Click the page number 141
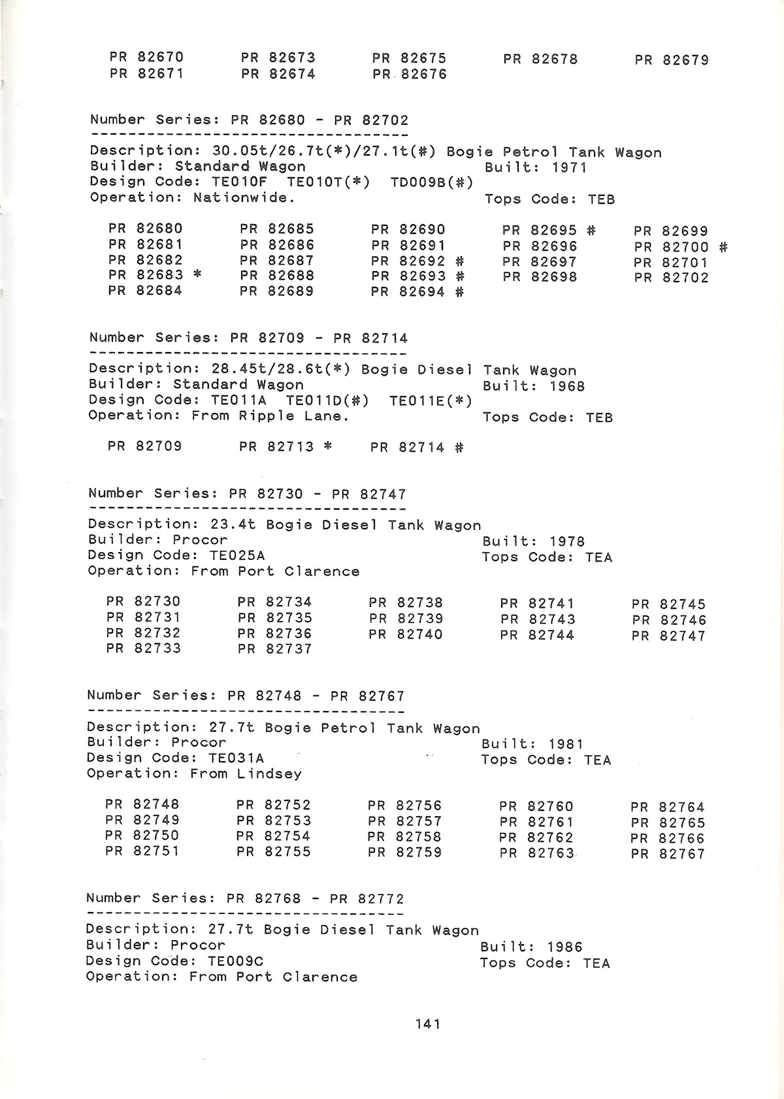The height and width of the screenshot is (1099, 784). (x=428, y=1024)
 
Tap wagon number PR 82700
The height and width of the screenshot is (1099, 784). (x=671, y=247)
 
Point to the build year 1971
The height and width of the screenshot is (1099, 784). (x=569, y=167)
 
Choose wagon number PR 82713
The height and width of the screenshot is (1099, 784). (x=276, y=447)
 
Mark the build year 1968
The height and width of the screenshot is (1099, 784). (x=566, y=386)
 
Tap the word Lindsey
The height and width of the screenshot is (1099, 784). (x=269, y=774)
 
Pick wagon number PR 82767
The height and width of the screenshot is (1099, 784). (x=668, y=854)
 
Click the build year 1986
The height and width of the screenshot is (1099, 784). (x=564, y=947)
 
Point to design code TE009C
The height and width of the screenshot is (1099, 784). (x=235, y=961)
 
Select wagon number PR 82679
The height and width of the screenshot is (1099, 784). (x=671, y=60)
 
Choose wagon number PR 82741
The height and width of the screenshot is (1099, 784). (x=537, y=604)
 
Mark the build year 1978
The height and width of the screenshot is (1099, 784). (x=566, y=542)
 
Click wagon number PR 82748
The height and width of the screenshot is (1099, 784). (x=142, y=804)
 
